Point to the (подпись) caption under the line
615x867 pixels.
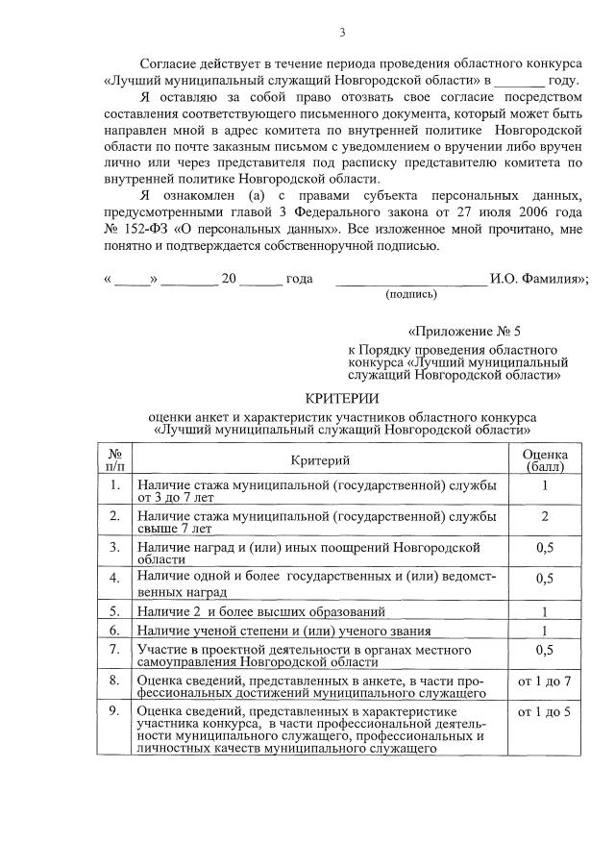410,294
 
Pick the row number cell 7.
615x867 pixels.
114,650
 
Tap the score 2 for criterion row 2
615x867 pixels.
544,517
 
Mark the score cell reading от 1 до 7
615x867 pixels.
544,681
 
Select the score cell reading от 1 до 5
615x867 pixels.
544,712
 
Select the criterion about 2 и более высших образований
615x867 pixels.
260,610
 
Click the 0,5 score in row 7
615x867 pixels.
544,650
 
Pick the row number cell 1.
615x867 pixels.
114,485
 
